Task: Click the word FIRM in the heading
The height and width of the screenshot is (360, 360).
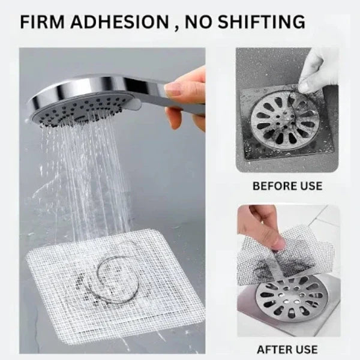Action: tap(42, 22)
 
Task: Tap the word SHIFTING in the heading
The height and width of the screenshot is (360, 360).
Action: tap(261, 22)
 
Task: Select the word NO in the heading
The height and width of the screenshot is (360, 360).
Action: tap(197, 22)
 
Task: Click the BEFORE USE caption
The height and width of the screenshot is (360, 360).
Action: tap(287, 186)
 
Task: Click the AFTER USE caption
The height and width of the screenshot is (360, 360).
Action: tap(287, 349)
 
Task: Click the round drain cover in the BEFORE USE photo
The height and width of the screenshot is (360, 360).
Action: tap(285, 120)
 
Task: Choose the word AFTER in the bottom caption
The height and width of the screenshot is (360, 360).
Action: tap(274, 349)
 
